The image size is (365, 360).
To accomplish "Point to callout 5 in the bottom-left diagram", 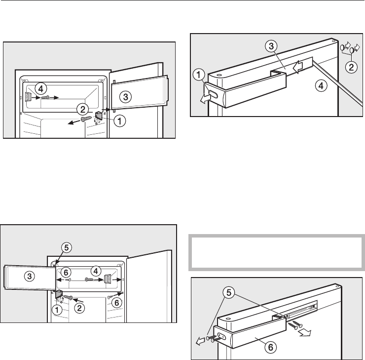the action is click(x=66, y=246).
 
